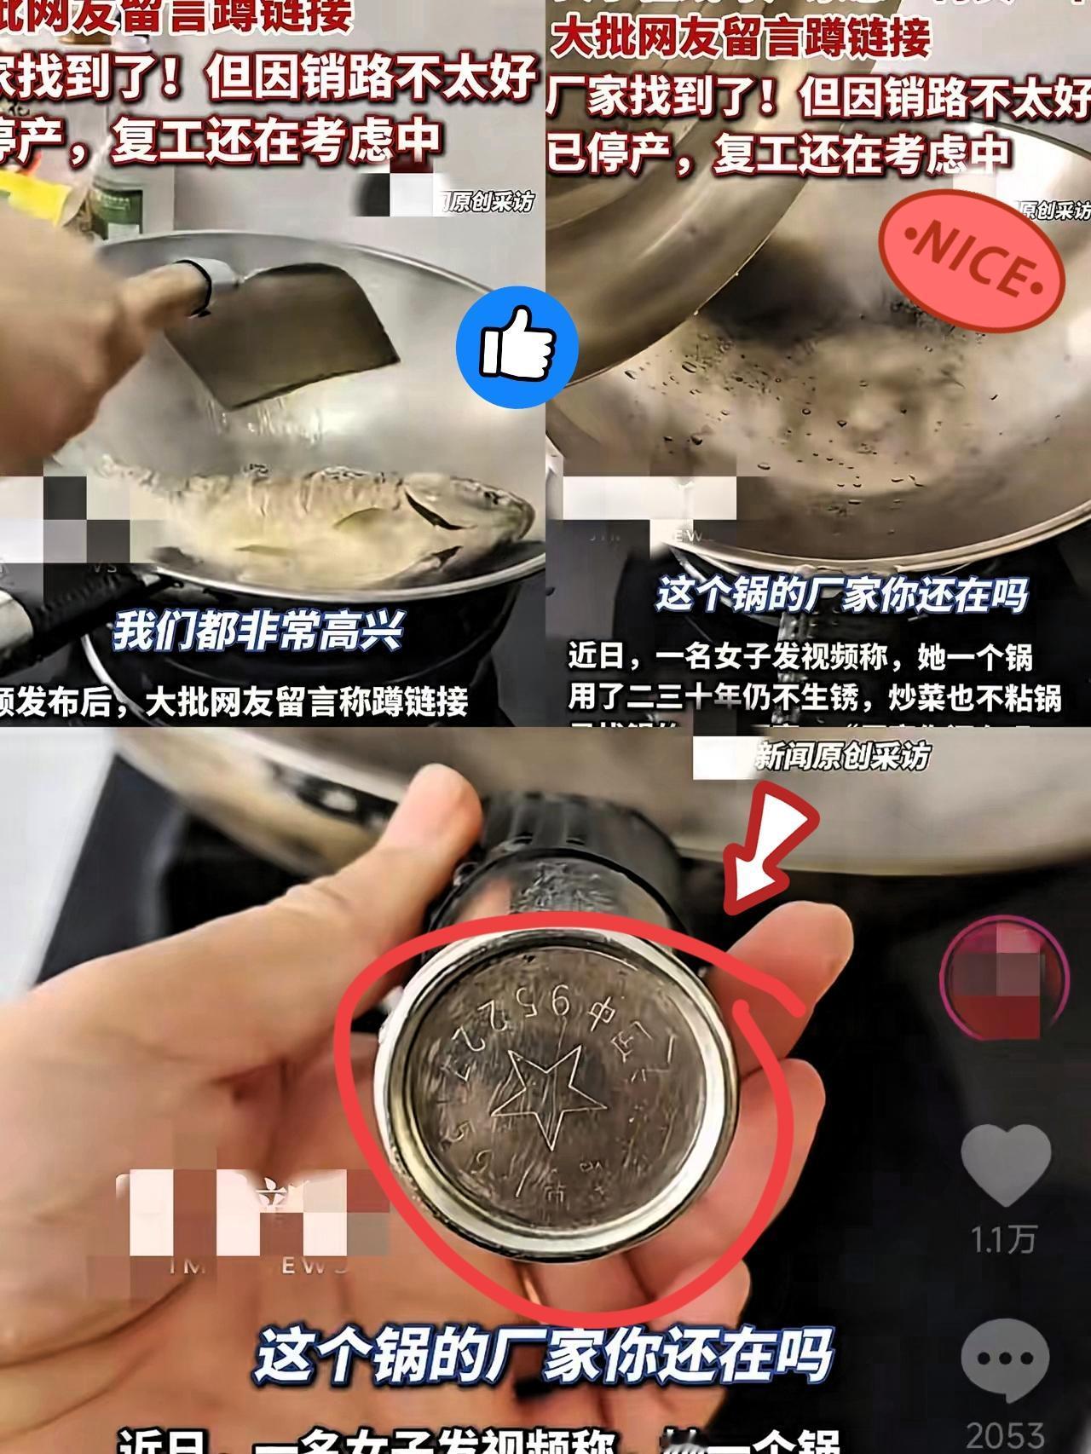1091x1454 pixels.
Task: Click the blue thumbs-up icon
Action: point(517,347)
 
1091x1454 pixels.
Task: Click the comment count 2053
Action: point(1006,1435)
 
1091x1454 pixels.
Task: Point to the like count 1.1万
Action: point(1004,1238)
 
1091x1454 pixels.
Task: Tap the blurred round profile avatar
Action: point(1004,979)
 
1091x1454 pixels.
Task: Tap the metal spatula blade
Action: point(324,332)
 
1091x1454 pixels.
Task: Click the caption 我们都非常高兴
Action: point(258,632)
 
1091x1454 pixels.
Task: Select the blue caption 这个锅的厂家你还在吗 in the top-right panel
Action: point(841,595)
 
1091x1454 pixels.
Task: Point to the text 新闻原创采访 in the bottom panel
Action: point(842,756)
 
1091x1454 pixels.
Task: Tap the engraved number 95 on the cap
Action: point(555,1006)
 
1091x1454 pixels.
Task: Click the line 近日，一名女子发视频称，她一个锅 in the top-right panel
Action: point(800,657)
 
